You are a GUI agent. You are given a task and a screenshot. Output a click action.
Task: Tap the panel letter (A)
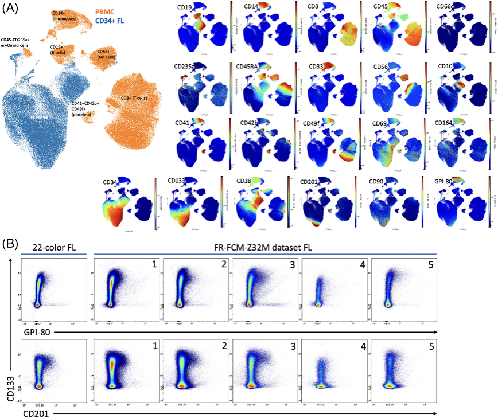[x=11, y=10]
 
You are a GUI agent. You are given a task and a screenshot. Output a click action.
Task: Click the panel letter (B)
[x=11, y=243]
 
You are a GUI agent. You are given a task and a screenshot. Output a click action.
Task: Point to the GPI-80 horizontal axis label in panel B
[x=37, y=332]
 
